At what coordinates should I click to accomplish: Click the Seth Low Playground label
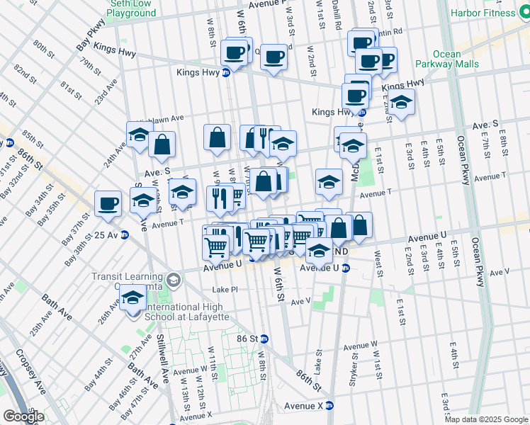tap(132, 8)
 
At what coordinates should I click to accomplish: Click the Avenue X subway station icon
tap(339, 406)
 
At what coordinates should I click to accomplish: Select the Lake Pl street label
tap(226, 290)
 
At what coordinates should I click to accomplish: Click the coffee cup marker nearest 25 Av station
tap(108, 203)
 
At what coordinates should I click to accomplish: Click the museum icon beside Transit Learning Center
tap(173, 281)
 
